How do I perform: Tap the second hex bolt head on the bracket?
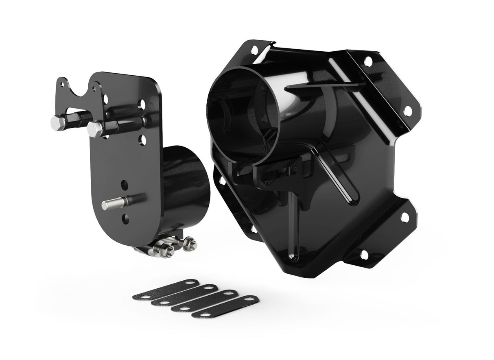(x=95, y=129)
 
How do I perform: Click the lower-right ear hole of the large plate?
(x=405, y=217)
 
